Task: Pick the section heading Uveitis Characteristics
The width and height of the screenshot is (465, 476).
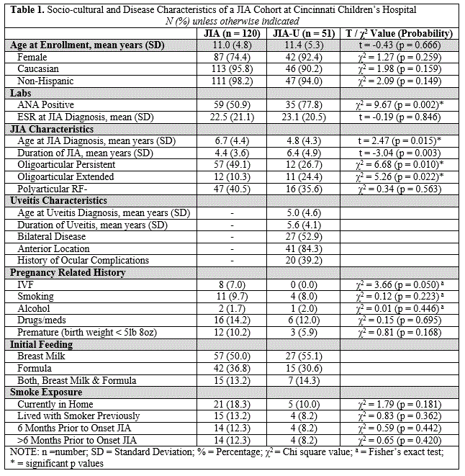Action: tap(58, 200)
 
